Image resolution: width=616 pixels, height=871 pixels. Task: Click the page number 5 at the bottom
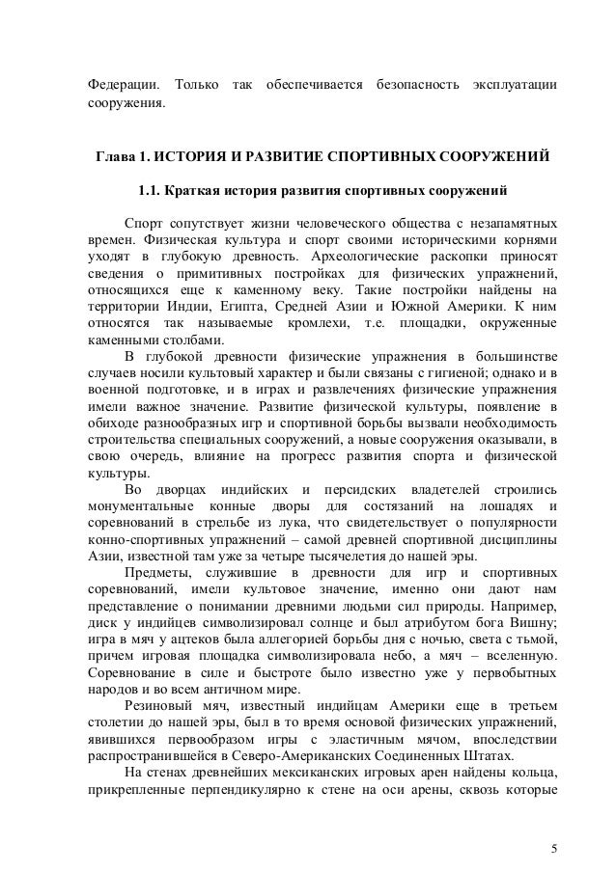click(x=553, y=822)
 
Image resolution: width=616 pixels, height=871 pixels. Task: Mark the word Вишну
click(x=532, y=624)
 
